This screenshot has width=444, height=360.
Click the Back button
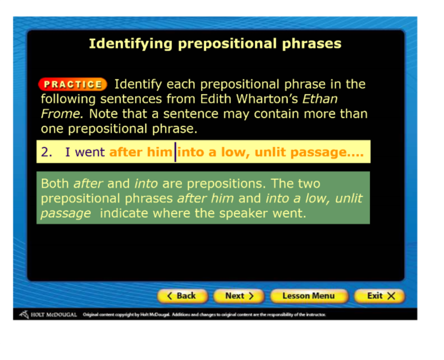click(183, 296)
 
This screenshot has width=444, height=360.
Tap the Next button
click(239, 296)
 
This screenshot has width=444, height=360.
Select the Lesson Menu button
click(309, 296)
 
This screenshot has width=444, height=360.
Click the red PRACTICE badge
click(73, 84)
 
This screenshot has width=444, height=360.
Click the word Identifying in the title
click(130, 44)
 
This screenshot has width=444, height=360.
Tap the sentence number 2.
click(47, 152)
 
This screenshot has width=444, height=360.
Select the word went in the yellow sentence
click(90, 152)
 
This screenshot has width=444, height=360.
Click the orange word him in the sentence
click(160, 152)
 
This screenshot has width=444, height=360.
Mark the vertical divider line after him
click(175, 152)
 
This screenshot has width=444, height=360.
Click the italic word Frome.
click(62, 114)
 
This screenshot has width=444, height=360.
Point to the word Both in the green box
click(54, 183)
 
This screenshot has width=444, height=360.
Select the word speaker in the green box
click(244, 213)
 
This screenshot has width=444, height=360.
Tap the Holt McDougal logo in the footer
click(48, 314)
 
